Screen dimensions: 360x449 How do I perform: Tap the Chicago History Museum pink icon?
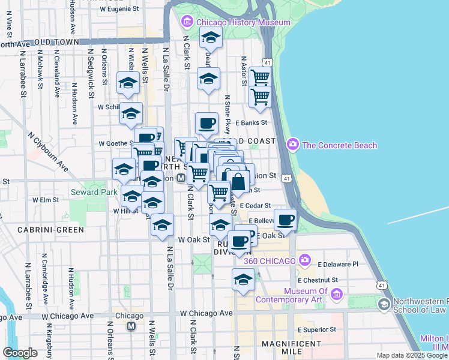coord(187,23)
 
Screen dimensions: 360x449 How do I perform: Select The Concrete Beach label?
coord(339,145)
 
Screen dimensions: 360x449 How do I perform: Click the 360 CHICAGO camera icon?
coord(305,260)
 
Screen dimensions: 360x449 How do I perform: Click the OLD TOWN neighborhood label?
coord(56,43)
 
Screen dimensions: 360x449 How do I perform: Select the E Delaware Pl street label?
coord(338,264)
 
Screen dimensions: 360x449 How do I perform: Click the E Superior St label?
coord(318,330)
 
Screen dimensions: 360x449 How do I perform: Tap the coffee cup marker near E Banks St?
coord(206,123)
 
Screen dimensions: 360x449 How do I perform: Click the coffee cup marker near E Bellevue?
coord(285,220)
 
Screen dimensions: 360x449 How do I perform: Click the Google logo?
coord(20,353)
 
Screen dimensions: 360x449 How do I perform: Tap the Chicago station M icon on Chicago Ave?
coord(131,326)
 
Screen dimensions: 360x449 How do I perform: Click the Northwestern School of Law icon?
coord(383,304)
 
